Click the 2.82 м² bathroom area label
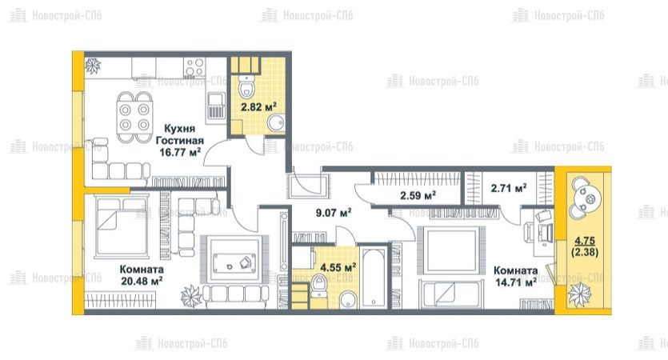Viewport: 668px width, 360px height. tap(258, 106)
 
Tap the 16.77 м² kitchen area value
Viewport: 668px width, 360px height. tap(180, 152)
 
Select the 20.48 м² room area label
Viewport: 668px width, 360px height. tap(141, 281)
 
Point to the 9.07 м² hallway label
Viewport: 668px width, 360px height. tap(333, 212)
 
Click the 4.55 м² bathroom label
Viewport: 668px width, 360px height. tap(338, 267)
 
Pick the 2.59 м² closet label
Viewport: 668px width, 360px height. tap(418, 195)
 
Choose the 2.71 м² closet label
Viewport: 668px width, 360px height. tap(509, 188)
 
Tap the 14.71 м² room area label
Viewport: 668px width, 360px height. tap(515, 282)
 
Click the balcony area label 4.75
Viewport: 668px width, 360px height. tap(585, 241)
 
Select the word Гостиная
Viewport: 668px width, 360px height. tap(180, 140)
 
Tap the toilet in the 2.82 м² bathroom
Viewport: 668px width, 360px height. tap(246, 86)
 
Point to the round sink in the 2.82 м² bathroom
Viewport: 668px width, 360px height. tap(276, 123)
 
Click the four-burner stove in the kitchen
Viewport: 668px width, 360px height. tap(194, 67)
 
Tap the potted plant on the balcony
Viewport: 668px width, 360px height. tap(579, 294)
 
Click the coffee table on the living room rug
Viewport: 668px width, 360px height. tap(235, 260)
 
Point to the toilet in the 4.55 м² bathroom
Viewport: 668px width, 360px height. tap(318, 286)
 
